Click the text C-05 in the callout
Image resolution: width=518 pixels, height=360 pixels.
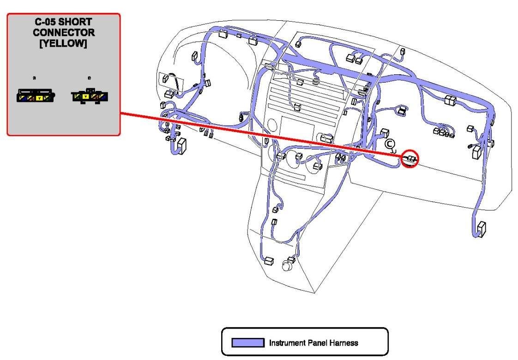(47, 22)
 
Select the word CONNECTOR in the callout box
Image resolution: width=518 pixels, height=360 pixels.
(64, 33)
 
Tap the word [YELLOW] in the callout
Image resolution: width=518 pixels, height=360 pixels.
(64, 44)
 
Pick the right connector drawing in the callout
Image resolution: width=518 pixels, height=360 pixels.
(90, 96)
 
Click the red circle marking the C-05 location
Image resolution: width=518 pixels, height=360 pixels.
(410, 159)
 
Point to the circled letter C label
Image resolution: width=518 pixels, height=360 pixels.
(390, 144)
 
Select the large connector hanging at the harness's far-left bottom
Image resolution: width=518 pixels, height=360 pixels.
(181, 146)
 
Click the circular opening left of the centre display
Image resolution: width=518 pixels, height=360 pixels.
(272, 125)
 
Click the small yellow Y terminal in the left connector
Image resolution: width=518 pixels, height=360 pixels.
(39, 98)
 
